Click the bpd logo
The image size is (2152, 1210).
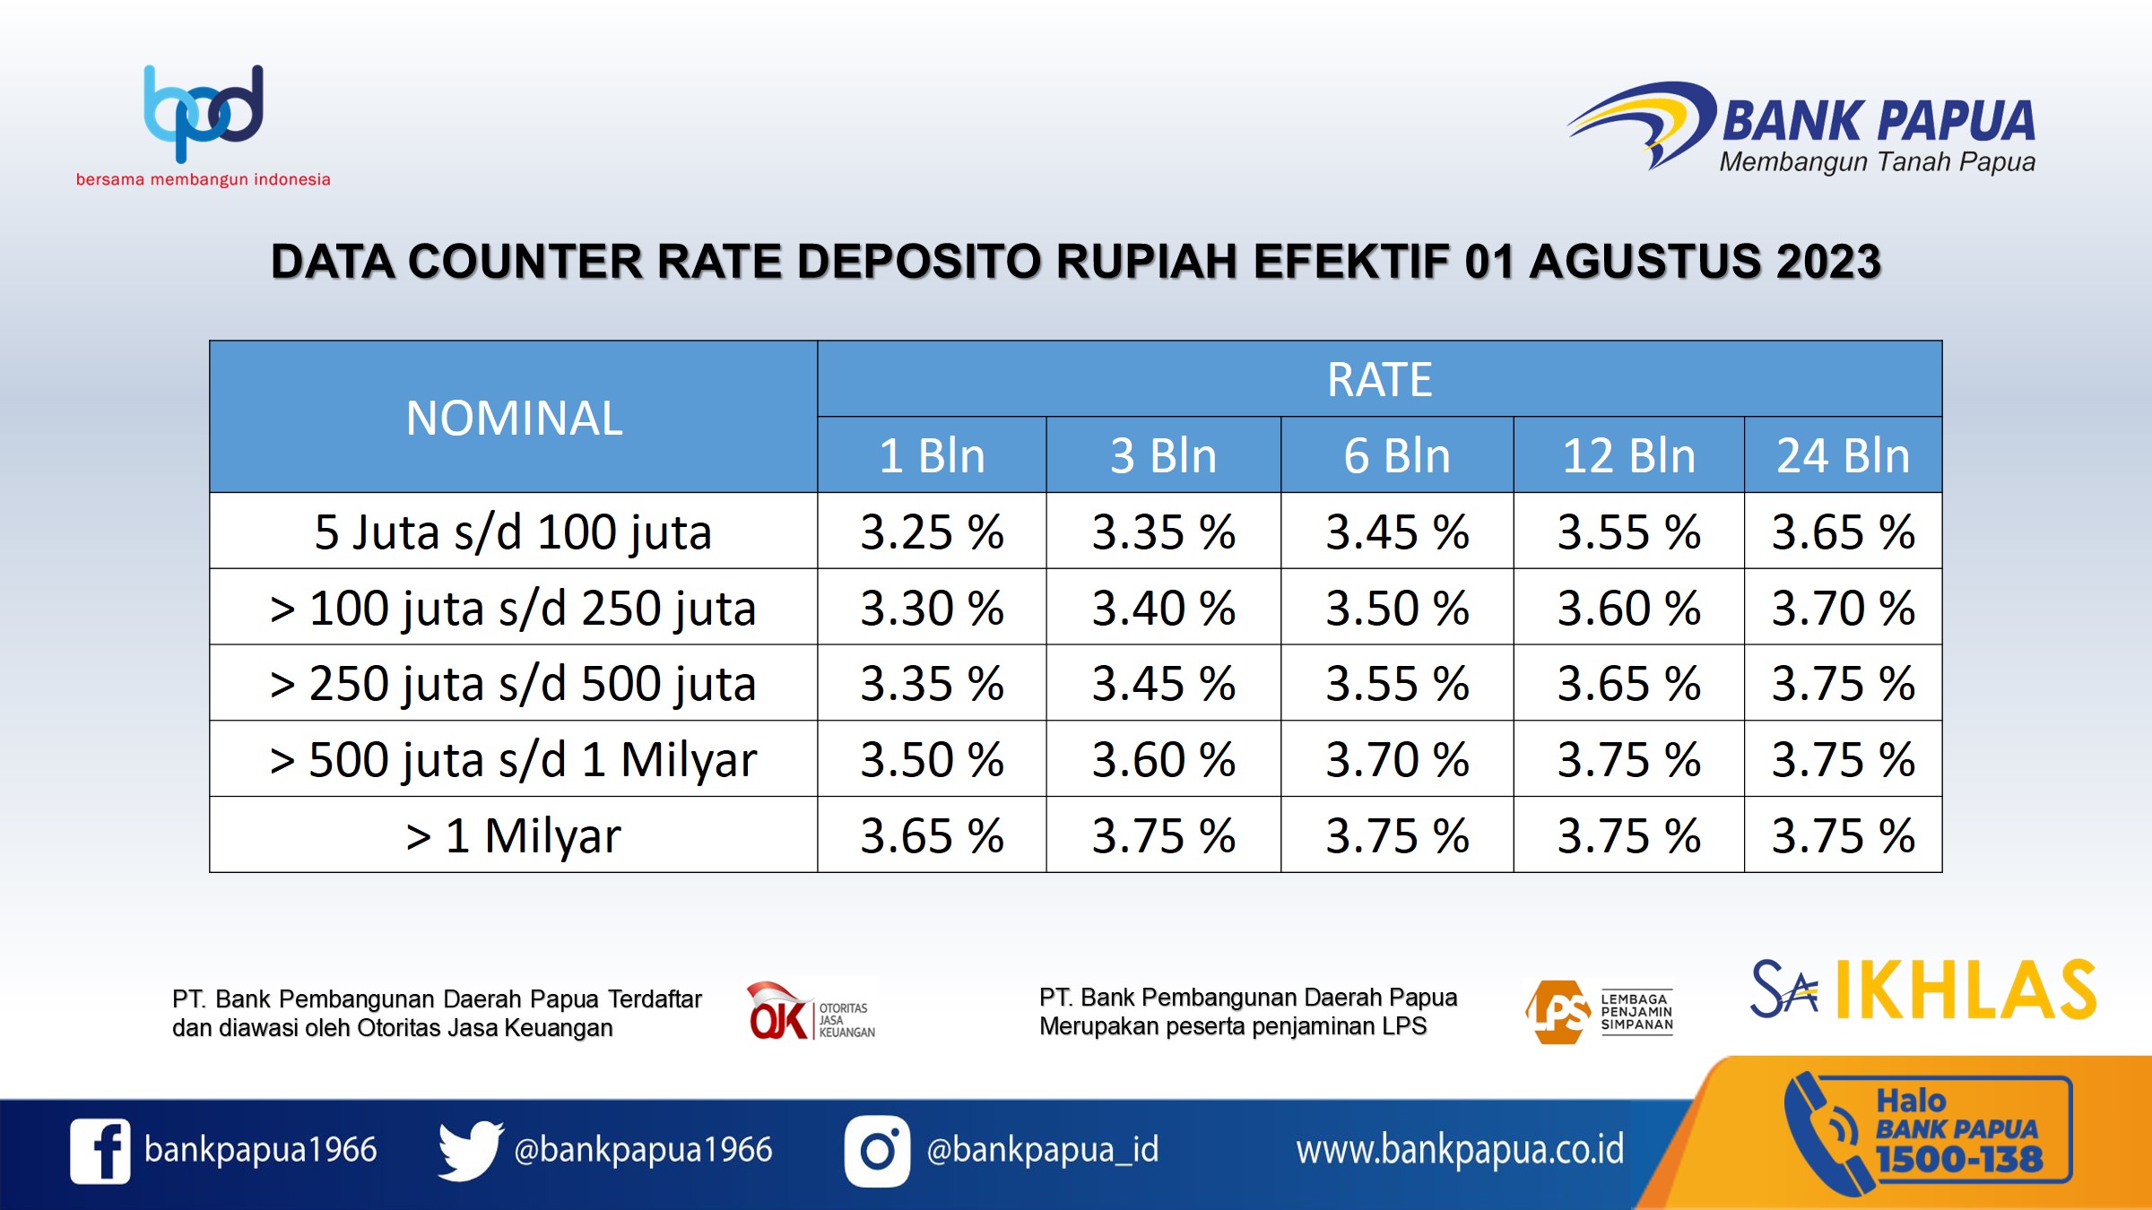tap(204, 114)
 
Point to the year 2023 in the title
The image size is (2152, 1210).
tap(1828, 262)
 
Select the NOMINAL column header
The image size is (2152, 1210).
tap(514, 418)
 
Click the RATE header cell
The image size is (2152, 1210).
tap(1380, 379)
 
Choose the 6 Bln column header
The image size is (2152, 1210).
tap(1397, 455)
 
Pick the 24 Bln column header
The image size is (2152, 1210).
tap(1844, 455)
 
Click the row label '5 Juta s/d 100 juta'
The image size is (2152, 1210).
tap(513, 532)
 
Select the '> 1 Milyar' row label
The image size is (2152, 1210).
tap(513, 835)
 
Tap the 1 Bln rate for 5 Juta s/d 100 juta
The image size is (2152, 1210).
tap(933, 532)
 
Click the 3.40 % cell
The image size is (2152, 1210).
tap(1164, 608)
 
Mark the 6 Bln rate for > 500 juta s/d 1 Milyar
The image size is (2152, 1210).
tap(1397, 759)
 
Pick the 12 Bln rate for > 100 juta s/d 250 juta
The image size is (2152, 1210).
tap(1629, 608)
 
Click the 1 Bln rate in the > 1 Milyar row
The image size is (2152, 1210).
tap(933, 835)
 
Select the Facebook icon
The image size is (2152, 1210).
tap(100, 1151)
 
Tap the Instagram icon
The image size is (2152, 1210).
tap(877, 1151)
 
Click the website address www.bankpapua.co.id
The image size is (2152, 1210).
tap(1460, 1150)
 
